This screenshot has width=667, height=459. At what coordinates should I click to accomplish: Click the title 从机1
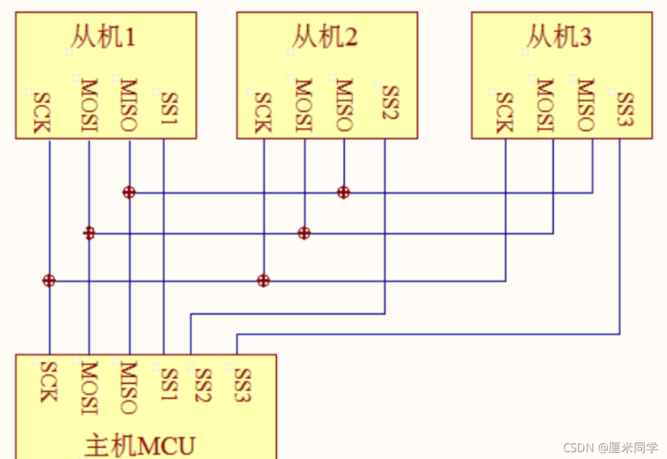point(103,38)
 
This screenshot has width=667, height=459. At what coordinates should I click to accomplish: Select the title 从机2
point(325,38)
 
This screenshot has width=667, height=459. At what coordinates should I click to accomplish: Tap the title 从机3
point(559,38)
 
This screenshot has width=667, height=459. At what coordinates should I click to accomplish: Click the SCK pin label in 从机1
point(41,112)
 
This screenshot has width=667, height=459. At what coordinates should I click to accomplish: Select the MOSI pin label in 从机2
point(304,105)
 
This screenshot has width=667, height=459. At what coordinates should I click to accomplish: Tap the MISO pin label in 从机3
point(585,105)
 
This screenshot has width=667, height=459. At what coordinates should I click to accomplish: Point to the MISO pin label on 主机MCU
point(128,387)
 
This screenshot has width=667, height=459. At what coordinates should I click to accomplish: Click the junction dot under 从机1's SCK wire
point(49,281)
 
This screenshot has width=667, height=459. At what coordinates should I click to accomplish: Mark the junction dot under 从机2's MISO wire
point(343,192)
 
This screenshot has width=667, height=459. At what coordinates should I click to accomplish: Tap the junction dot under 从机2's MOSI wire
point(304,233)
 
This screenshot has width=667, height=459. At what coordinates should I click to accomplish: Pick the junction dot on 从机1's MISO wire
point(129,192)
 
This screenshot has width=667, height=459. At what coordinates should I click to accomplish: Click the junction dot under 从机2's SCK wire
point(264,281)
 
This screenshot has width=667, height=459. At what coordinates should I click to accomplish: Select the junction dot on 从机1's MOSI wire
point(89,233)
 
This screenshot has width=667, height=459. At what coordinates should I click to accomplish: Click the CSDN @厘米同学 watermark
point(610,447)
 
